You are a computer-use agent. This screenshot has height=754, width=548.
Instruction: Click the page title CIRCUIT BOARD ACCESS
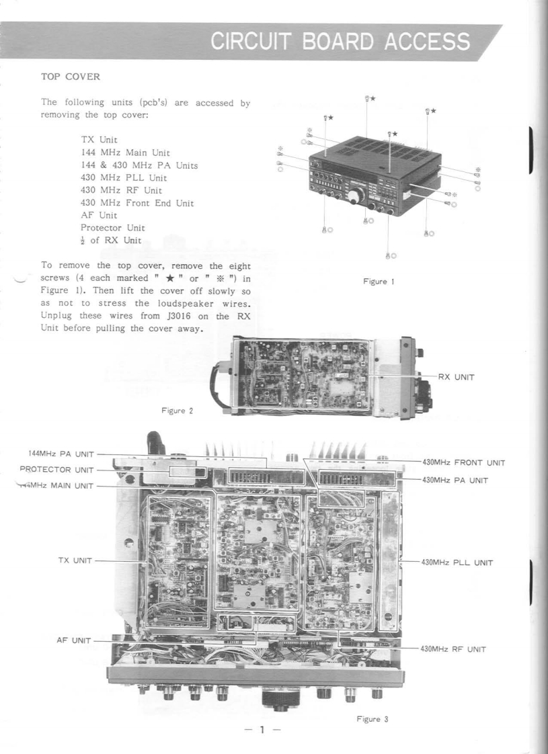(340, 42)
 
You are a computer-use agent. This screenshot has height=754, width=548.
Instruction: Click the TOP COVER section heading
(71, 77)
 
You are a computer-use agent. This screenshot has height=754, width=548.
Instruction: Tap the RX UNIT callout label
(457, 377)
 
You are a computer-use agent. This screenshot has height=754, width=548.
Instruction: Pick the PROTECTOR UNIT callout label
(56, 469)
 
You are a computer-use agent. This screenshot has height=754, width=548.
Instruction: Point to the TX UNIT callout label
(75, 560)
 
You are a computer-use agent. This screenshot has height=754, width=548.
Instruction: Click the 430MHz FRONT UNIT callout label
(463, 463)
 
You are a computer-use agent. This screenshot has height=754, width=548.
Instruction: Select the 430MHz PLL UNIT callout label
(457, 562)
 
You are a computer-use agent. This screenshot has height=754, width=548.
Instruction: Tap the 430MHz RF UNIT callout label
(453, 649)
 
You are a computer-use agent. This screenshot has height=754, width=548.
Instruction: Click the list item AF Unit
(99, 216)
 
